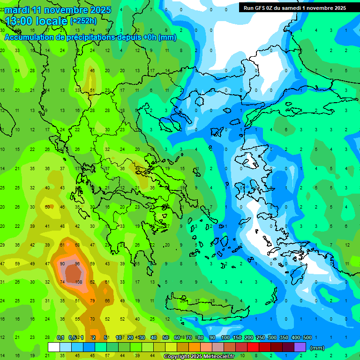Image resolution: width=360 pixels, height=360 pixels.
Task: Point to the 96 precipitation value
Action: (78, 263)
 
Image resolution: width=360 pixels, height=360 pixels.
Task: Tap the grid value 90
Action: (62, 263)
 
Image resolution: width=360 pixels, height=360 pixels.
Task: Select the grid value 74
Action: (62, 282)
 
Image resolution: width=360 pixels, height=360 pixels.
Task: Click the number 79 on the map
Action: (93, 300)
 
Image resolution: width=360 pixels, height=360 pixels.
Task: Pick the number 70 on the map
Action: (93, 319)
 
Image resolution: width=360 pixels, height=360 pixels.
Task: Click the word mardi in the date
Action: (17, 10)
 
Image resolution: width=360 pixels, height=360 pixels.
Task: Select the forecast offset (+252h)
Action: (83, 21)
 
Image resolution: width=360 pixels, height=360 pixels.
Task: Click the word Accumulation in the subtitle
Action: (30, 37)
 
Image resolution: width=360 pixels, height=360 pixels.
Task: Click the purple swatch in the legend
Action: (300, 347)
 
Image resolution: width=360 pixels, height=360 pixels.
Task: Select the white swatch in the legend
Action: (54, 347)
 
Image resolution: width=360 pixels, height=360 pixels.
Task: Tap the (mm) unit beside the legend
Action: (317, 348)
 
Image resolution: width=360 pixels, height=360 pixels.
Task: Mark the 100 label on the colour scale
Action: (225, 337)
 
